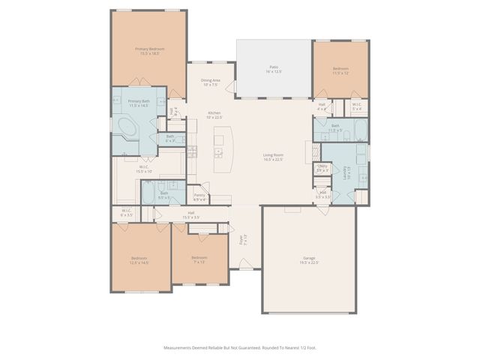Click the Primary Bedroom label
(x=149, y=51)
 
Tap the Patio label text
(x=274, y=70)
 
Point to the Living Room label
(x=272, y=157)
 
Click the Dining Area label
(x=210, y=82)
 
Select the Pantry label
(x=199, y=197)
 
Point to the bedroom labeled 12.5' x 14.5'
(x=139, y=260)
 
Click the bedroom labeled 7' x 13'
(x=199, y=259)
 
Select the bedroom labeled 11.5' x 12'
(x=340, y=70)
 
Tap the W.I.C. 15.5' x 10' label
(x=144, y=169)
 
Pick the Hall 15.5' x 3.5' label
(x=190, y=214)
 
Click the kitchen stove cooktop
(x=192, y=152)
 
